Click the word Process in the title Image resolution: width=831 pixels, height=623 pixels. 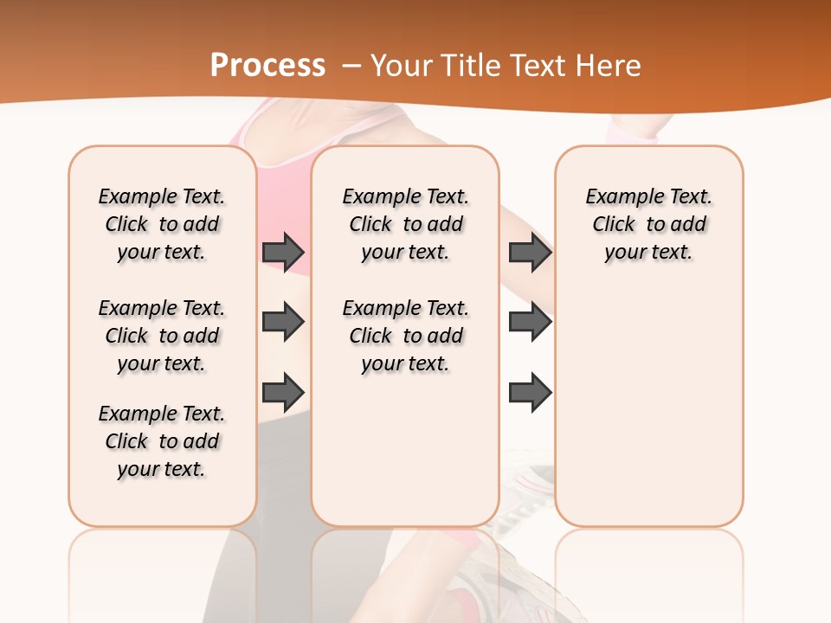coord(267,65)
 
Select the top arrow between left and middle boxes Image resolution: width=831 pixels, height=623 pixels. coord(283,252)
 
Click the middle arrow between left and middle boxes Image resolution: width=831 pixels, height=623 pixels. coord(283,322)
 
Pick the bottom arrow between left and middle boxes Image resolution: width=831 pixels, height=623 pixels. coord(283,391)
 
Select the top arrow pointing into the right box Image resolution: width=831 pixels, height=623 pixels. coord(530,252)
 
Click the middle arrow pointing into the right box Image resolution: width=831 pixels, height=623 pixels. coord(530,322)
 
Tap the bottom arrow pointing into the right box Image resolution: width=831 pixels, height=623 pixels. coord(530,391)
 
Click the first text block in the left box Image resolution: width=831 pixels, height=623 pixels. coord(162,224)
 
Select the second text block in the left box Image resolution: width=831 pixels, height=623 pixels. coord(162,336)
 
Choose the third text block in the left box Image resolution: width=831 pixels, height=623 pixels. coord(162,441)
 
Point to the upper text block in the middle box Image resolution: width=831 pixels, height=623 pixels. coord(405,224)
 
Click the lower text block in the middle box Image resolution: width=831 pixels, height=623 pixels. coord(405,336)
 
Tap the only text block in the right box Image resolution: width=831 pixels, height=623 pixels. coord(649,224)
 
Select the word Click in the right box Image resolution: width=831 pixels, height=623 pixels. coord(614,224)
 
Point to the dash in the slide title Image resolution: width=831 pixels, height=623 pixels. coord(352,66)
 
